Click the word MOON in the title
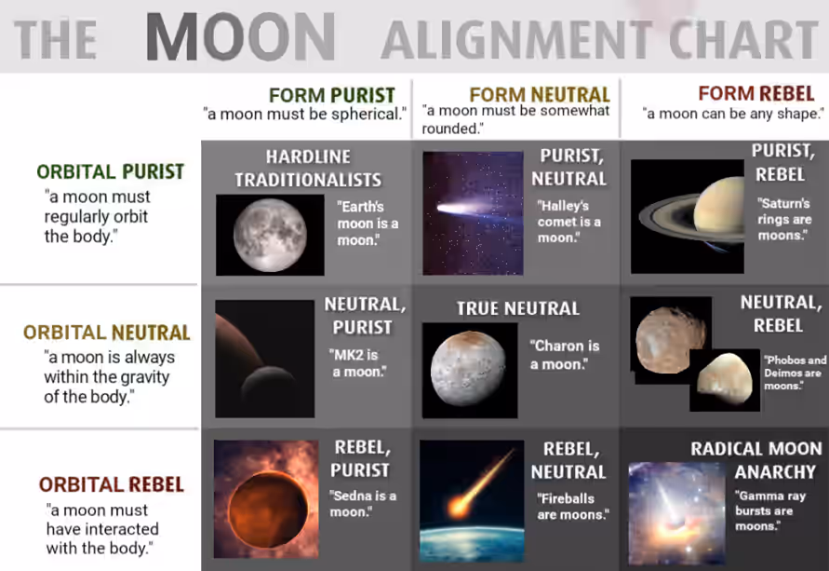[x=241, y=37]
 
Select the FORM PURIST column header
[x=332, y=95]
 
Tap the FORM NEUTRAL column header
[x=540, y=95]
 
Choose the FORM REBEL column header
[x=756, y=93]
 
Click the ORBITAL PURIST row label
[x=111, y=171]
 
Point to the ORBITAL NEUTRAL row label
[x=107, y=333]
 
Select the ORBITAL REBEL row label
[x=111, y=484]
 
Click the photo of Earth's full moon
[x=270, y=235]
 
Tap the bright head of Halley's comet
[x=449, y=209]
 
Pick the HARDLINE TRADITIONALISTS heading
[x=308, y=169]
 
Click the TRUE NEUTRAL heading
[x=518, y=308]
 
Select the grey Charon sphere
[x=468, y=368]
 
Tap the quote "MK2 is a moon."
[x=357, y=363]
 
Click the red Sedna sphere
[x=268, y=510]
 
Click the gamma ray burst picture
[x=676, y=513]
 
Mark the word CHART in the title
[x=744, y=40]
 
